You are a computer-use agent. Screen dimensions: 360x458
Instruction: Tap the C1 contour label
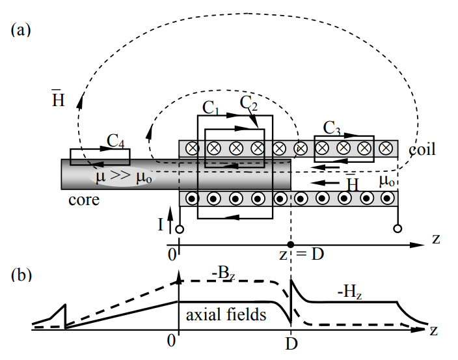[x=212, y=105]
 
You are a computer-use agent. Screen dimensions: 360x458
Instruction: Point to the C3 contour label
[x=332, y=127]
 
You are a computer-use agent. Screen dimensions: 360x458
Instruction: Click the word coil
[x=422, y=150]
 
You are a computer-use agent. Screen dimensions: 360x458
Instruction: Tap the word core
[x=84, y=199]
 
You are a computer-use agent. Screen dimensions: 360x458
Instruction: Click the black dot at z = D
[x=291, y=244]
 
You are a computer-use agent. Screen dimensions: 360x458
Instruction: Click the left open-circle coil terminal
[x=179, y=229]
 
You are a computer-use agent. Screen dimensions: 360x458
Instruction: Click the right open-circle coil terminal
[x=397, y=229]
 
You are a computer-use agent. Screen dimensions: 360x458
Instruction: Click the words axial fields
[x=226, y=316]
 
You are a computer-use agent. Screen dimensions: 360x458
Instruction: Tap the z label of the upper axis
[x=436, y=239]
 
